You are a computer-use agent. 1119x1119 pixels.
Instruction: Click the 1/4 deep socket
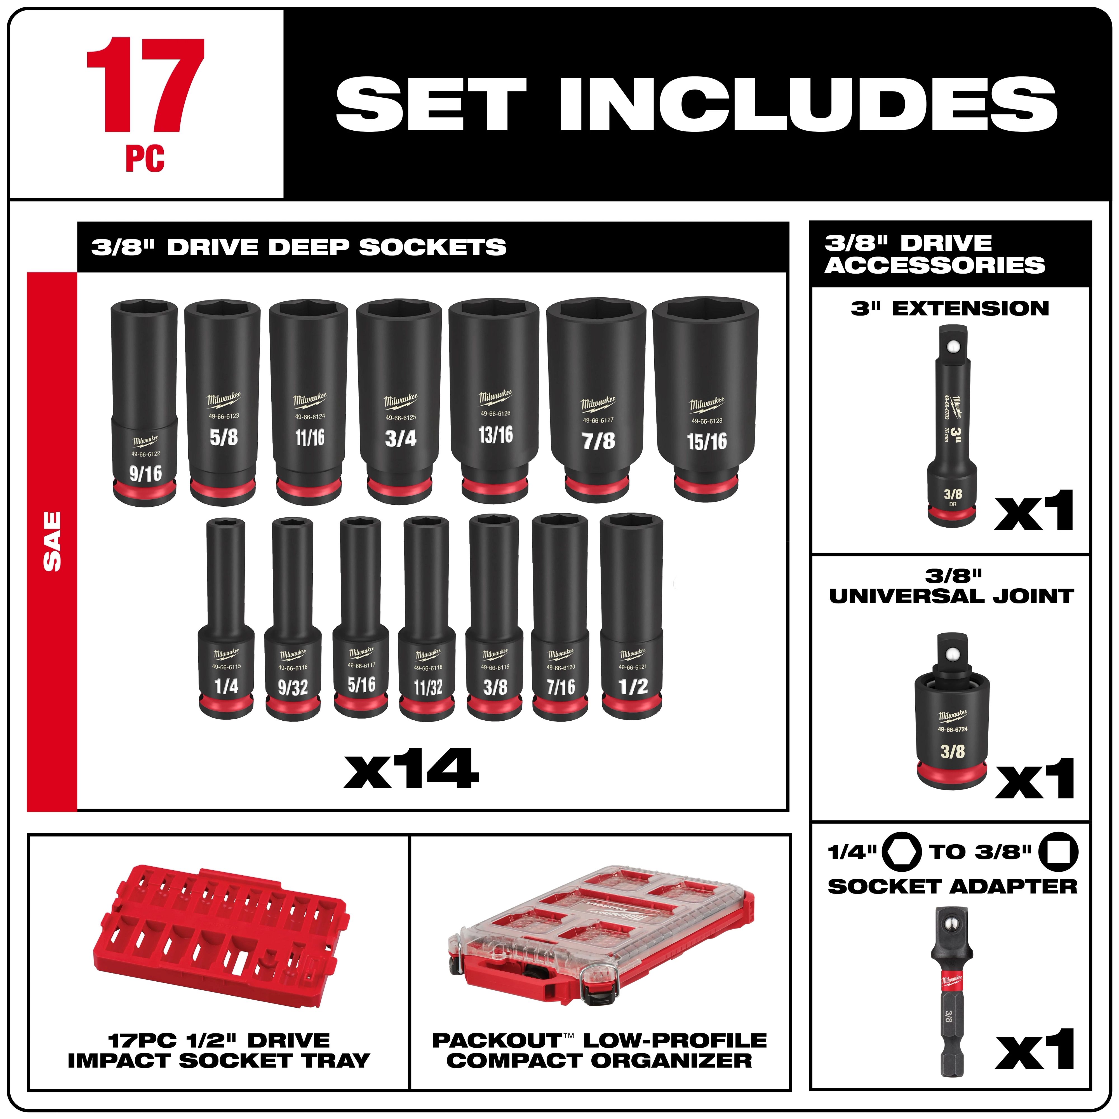[x=226, y=620]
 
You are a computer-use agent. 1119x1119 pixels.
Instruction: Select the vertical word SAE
[x=52, y=541]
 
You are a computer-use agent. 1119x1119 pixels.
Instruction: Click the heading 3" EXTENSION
[x=950, y=308]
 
